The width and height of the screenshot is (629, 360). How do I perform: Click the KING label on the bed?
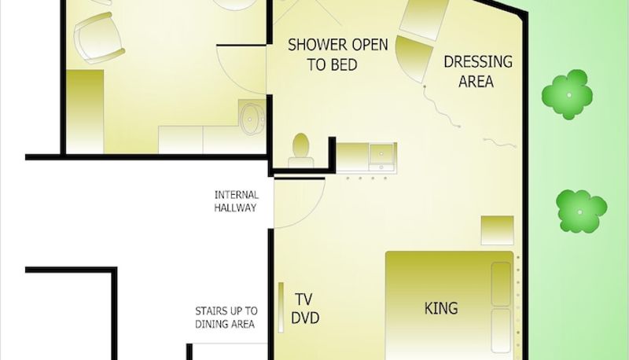coord(441,308)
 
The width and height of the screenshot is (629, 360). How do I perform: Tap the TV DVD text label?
coord(305,309)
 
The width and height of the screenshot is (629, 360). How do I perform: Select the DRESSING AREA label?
coord(478,72)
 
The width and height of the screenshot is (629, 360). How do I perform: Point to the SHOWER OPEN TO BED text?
coord(338,54)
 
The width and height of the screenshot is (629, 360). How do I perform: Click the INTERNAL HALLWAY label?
coord(237,201)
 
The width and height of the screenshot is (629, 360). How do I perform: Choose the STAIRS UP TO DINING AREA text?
coord(226,318)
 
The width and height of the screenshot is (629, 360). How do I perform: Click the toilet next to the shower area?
coord(301,151)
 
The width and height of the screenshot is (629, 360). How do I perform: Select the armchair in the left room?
coord(99,38)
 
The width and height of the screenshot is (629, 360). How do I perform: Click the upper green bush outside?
coord(567,94)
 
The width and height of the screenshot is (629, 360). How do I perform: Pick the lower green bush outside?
coord(582,211)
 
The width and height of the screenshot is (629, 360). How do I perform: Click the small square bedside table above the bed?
coord(498,230)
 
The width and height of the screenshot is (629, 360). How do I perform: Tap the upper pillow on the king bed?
coord(502,284)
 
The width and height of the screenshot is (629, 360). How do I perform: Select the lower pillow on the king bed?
coord(502,330)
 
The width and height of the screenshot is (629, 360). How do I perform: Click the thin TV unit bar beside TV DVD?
coord(281,307)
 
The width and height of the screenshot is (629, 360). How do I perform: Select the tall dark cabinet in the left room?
coord(85,112)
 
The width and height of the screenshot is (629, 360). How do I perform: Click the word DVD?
coord(305,318)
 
